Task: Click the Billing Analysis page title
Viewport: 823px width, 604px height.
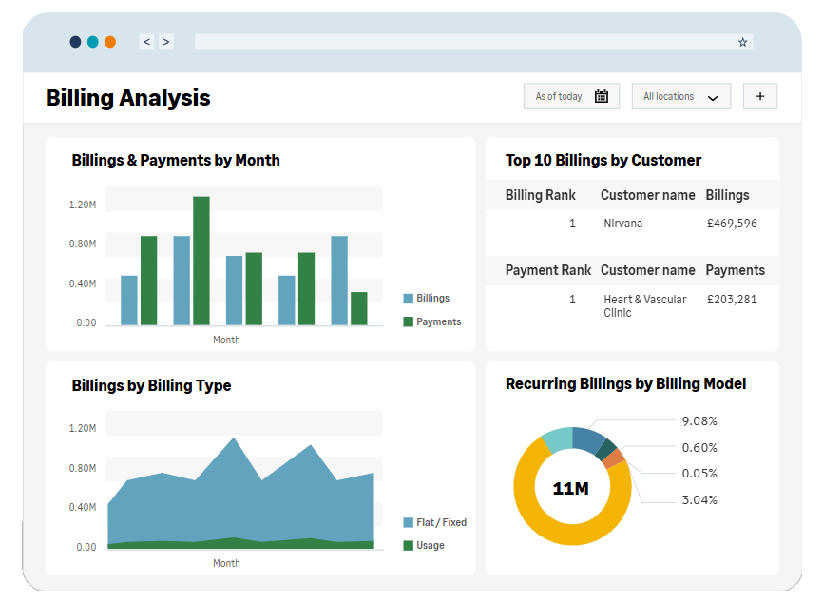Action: click(x=128, y=98)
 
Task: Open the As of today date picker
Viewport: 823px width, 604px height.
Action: click(x=571, y=96)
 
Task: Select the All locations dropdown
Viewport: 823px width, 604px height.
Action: click(x=680, y=96)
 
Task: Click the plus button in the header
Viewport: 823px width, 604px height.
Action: click(x=759, y=96)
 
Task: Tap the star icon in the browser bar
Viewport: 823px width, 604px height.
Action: click(x=742, y=42)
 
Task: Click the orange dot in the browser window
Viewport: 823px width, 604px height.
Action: click(x=110, y=42)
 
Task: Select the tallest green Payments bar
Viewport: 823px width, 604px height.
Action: click(x=201, y=261)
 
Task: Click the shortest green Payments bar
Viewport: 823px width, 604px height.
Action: click(x=358, y=308)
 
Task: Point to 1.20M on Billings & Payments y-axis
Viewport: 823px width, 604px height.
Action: click(x=83, y=205)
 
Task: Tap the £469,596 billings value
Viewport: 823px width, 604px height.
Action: click(x=732, y=224)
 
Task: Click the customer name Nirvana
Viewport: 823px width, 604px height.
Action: click(x=622, y=224)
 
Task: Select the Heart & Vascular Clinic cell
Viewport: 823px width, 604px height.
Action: click(x=644, y=305)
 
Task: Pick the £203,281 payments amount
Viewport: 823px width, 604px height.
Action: click(x=732, y=300)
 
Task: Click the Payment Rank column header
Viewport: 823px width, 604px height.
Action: click(x=547, y=270)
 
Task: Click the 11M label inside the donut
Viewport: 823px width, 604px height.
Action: click(x=571, y=489)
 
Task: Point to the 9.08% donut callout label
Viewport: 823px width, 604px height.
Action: click(x=699, y=420)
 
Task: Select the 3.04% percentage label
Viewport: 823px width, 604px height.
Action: click(x=699, y=499)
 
